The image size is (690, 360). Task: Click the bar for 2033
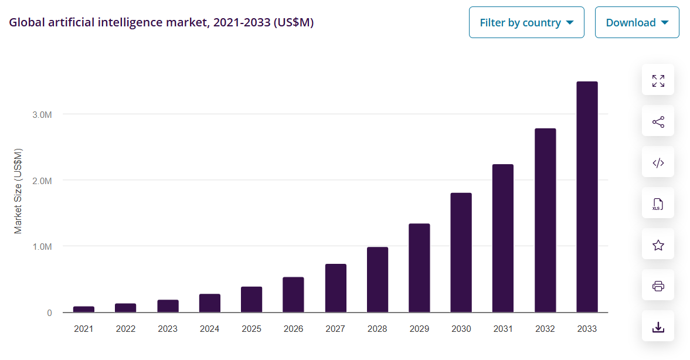[587, 197]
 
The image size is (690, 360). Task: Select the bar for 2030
[461, 252]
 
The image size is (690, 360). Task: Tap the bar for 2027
[336, 288]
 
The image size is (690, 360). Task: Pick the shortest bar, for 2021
[84, 309]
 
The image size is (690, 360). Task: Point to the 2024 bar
[209, 303]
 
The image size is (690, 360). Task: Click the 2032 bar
[545, 220]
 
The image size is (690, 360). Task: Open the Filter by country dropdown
[526, 23]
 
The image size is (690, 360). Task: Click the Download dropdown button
[637, 23]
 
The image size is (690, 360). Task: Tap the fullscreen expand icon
[658, 80]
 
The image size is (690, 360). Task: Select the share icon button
[658, 121]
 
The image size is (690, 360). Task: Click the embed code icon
[658, 162]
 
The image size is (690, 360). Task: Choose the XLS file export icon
[658, 203]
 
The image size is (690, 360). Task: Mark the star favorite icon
[658, 244]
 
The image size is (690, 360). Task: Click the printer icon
[658, 286]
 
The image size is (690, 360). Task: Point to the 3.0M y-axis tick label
[42, 114]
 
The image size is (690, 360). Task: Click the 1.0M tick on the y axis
[42, 246]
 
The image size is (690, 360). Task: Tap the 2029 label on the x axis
[419, 329]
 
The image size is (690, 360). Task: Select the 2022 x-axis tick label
[125, 329]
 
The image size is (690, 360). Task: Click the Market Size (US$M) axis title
[18, 191]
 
